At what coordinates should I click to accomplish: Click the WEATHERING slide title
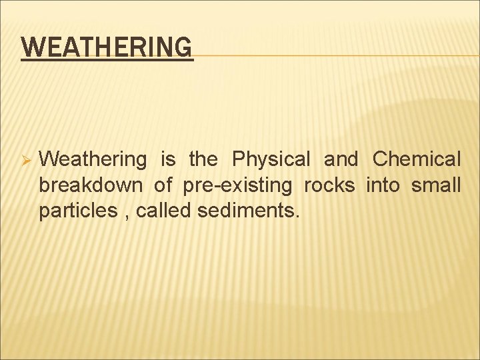pos(107,48)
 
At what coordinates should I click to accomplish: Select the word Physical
pos(271,160)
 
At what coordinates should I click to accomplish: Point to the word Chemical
pos(416,160)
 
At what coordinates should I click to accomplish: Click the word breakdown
pos(90,185)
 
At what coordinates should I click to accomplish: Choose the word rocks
pos(329,185)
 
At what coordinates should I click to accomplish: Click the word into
pos(383,185)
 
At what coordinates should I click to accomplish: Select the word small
pos(436,185)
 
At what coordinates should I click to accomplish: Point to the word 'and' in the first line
pos(341,160)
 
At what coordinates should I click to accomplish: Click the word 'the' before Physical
pos(203,160)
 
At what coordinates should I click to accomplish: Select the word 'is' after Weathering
pos(168,160)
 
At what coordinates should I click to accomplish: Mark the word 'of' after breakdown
pos(163,185)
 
